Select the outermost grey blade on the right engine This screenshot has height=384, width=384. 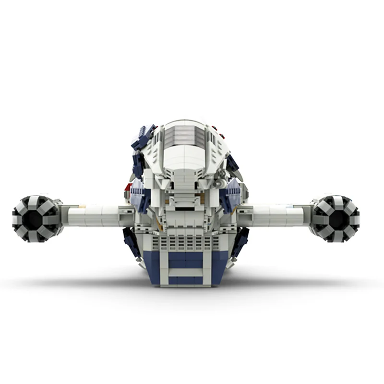[354, 219]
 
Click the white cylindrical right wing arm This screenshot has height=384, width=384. [274, 216]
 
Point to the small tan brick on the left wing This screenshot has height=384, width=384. [83, 207]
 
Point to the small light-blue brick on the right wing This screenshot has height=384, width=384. [288, 207]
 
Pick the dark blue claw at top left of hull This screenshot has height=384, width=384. [143, 137]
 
